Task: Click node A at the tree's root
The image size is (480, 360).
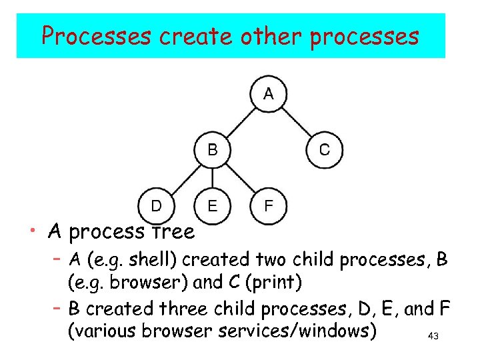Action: [268, 94]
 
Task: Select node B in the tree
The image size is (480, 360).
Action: [212, 150]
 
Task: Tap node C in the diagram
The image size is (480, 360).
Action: [324, 150]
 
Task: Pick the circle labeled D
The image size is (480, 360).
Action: [156, 205]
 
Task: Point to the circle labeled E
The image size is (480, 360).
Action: [212, 205]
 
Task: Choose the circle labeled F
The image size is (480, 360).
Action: [268, 205]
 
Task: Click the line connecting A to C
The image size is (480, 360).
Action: [296, 122]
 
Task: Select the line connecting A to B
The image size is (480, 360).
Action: [240, 122]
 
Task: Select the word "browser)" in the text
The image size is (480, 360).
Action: [151, 283]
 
